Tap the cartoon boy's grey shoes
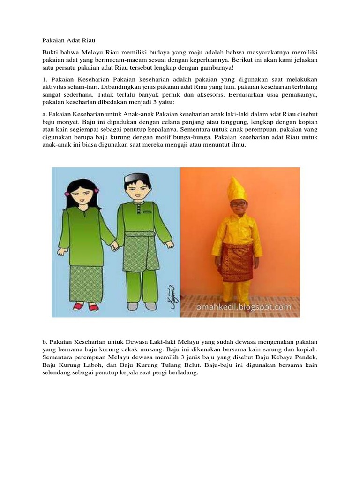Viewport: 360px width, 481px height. click(x=142, y=306)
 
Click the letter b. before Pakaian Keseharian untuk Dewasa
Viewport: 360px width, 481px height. click(x=45, y=342)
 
